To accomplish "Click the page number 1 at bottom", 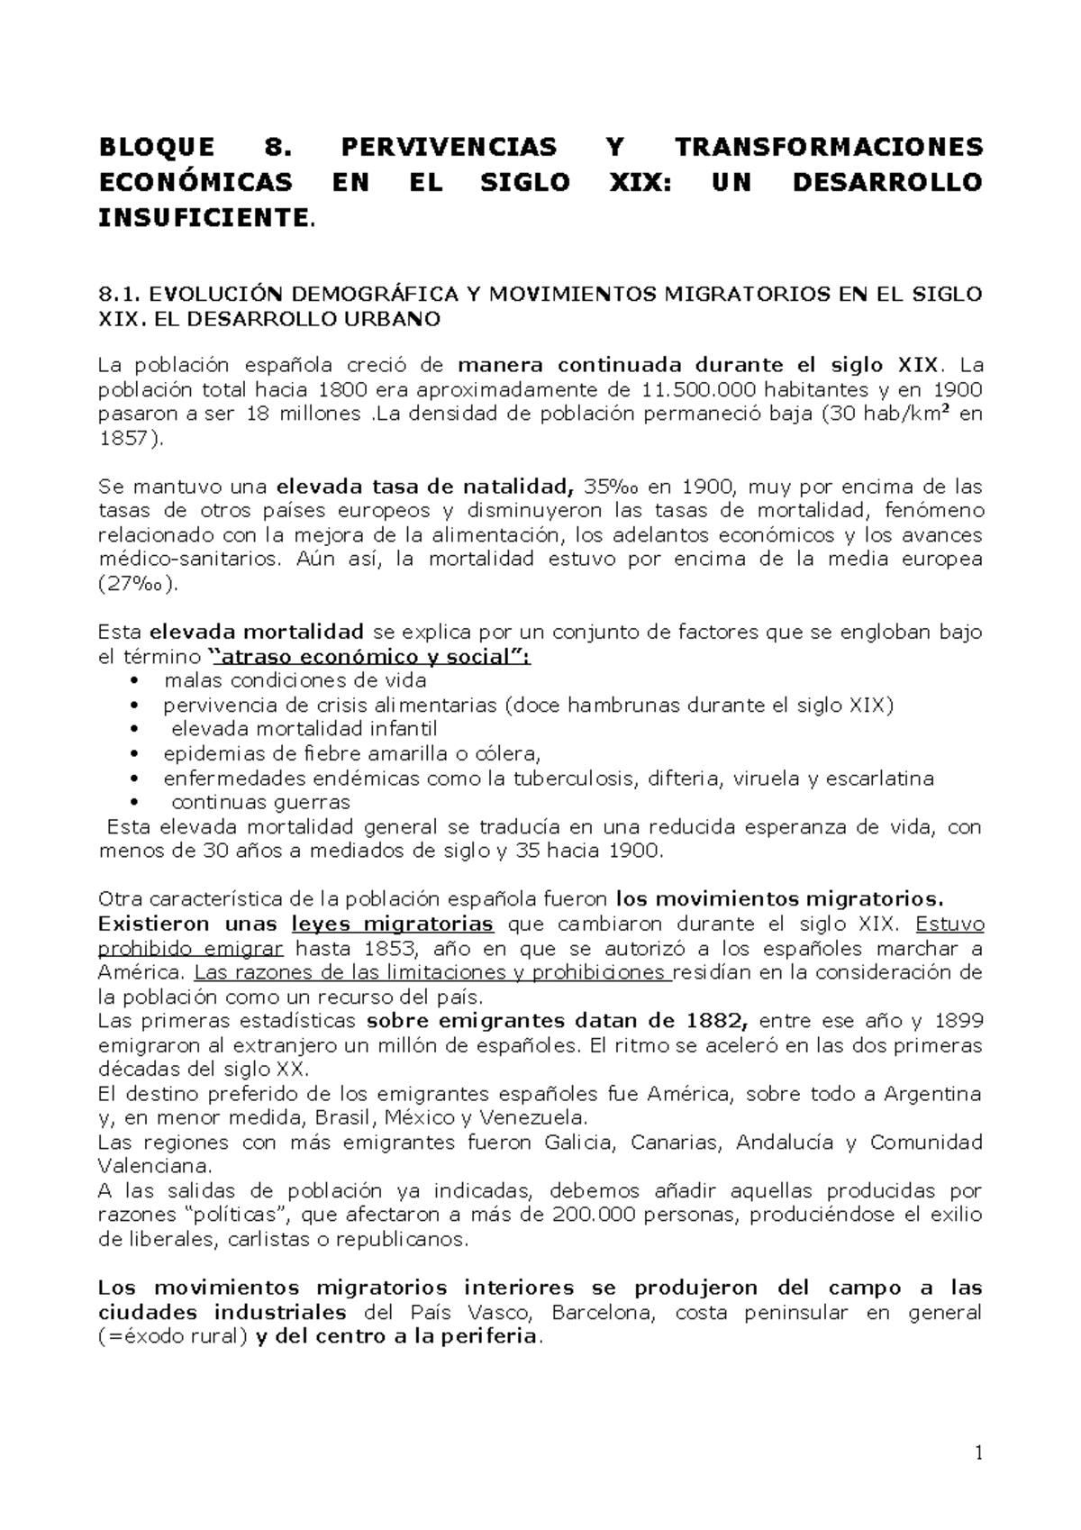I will point(978,1453).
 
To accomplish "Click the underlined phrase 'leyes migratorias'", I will point(393,924).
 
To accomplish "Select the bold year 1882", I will point(719,1022).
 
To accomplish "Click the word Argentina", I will point(932,1095).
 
